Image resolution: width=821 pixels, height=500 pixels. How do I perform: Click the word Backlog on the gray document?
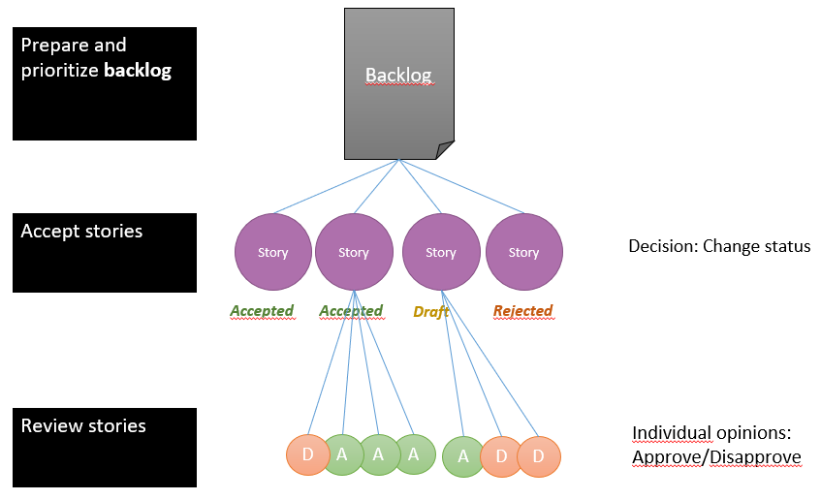point(398,76)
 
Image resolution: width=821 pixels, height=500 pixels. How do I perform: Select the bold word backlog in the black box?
point(138,71)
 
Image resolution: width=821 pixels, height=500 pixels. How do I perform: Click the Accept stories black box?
point(105,253)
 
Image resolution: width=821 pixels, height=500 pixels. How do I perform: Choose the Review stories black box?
point(105,448)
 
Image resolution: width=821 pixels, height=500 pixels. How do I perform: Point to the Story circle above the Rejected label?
point(524,252)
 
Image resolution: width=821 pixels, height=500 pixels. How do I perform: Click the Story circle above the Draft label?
point(441,252)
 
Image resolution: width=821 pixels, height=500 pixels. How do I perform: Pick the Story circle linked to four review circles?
point(354,252)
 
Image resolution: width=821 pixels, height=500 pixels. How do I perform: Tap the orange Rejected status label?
point(522,311)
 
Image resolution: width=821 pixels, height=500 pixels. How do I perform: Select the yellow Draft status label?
point(431,312)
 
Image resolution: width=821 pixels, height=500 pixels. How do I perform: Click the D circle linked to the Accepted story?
point(308,454)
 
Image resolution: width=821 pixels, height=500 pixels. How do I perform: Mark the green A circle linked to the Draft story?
point(463,456)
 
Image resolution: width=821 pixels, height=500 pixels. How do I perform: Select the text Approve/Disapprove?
point(716,457)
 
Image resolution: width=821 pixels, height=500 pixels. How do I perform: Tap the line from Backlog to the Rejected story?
point(461,186)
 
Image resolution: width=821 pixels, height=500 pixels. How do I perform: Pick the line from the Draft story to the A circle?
point(453,363)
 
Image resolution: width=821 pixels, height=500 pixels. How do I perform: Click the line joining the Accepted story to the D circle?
point(331,362)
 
